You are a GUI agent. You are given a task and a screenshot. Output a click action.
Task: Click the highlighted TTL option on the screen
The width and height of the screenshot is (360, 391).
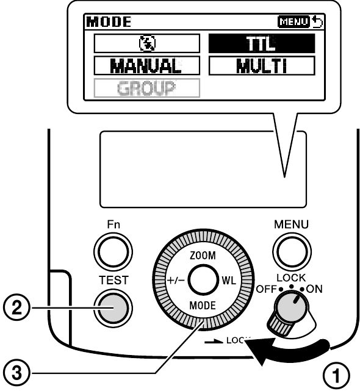[262, 44]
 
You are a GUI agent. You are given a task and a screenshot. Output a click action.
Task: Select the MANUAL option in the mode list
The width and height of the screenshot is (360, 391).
[146, 66]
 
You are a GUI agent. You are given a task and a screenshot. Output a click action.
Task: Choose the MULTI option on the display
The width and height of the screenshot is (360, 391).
[262, 66]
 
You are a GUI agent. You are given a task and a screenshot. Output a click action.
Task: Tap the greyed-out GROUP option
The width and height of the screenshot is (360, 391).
[146, 88]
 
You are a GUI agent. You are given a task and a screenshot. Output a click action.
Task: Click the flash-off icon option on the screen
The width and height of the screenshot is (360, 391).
[146, 44]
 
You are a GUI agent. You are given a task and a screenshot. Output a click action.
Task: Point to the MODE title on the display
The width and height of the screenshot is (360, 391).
[109, 22]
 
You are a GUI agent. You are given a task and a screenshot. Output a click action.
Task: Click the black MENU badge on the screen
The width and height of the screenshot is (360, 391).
[293, 22]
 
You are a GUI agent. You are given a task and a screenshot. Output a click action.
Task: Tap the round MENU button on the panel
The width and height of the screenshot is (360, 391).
[292, 251]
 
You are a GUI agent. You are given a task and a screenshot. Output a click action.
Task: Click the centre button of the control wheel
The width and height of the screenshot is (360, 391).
[203, 279]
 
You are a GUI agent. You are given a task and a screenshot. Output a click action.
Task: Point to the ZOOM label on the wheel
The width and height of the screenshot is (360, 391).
[203, 256]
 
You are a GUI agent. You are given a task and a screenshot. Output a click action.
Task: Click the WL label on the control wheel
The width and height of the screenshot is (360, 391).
[229, 281]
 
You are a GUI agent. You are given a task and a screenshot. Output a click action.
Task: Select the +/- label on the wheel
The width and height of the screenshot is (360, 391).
[176, 281]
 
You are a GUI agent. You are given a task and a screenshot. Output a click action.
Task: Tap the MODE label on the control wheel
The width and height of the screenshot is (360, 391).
[203, 306]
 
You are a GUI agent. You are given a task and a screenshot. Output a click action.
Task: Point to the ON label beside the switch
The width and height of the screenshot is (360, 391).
[314, 289]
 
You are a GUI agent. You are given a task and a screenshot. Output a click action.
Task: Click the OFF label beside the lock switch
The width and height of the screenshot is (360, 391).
[267, 289]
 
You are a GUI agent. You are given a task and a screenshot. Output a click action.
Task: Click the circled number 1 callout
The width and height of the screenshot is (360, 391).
[336, 376]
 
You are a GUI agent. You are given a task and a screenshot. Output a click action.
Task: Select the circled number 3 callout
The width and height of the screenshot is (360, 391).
[16, 373]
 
